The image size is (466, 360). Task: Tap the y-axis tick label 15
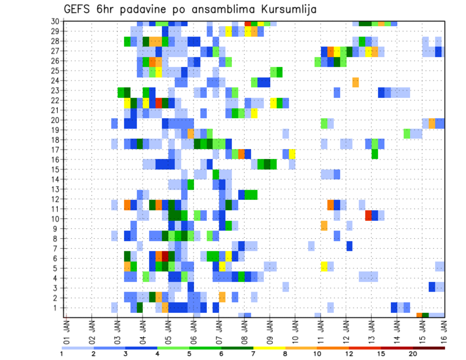(x=57, y=169)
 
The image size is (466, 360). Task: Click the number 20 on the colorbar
(x=414, y=354)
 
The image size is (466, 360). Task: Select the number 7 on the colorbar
(x=253, y=354)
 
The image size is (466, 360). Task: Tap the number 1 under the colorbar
(x=62, y=354)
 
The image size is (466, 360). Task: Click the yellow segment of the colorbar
(x=269, y=348)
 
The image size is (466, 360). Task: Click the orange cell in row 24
(x=355, y=82)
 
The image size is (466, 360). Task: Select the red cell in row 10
(x=368, y=215)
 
